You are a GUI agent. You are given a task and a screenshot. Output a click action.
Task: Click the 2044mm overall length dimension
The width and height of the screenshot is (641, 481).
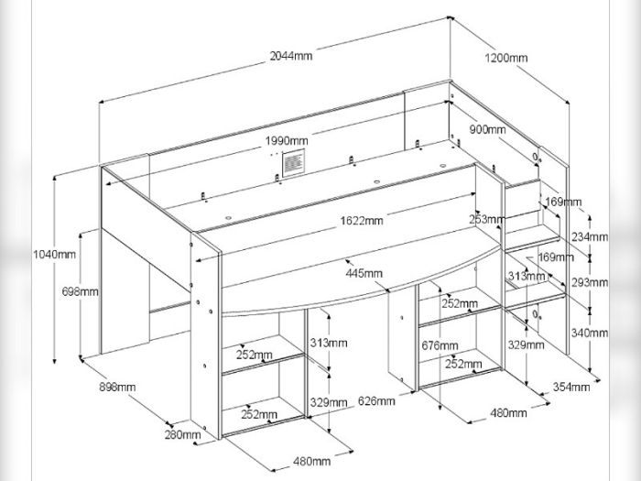(x=291, y=56)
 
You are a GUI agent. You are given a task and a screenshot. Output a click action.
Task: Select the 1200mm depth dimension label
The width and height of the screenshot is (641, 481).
(x=505, y=58)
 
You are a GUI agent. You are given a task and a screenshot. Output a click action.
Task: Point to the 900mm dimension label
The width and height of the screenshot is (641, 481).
(x=487, y=130)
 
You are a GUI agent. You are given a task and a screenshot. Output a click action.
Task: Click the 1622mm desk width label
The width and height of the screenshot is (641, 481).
(x=362, y=220)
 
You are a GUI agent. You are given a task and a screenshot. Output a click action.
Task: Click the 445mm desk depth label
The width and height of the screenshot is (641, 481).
(x=364, y=273)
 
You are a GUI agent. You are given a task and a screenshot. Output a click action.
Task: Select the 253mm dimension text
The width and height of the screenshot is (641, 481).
(x=486, y=220)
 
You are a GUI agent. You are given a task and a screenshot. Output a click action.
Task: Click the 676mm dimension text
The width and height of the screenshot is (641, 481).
(x=440, y=345)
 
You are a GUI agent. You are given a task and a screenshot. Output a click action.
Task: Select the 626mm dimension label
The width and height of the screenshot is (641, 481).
(x=377, y=400)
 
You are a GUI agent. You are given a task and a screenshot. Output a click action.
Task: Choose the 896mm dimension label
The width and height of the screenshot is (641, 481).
(x=116, y=387)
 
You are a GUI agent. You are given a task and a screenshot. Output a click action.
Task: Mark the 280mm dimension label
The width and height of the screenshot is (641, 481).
(x=183, y=434)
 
